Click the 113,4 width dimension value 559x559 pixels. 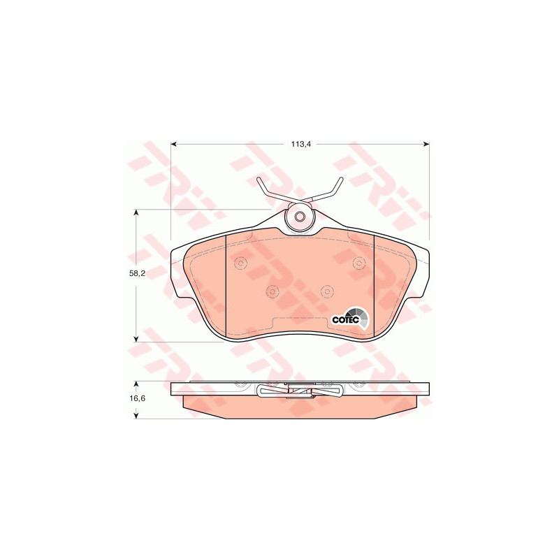tap(301, 144)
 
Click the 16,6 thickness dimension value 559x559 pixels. tap(137, 398)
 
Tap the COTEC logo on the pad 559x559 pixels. tap(351, 318)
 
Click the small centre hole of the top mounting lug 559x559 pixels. tap(300, 216)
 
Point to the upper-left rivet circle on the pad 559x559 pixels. tap(240, 263)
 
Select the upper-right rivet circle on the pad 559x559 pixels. tap(358, 263)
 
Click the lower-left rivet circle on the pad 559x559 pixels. tap(273, 291)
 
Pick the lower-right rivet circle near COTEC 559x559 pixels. tap(326, 291)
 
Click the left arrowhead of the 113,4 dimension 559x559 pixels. tap(174, 144)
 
